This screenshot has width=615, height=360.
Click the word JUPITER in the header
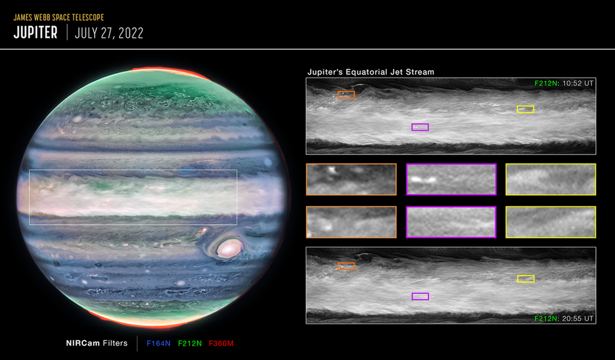coord(35,32)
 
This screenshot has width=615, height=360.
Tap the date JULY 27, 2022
coord(109,33)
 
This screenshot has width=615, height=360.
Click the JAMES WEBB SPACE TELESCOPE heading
coord(59,17)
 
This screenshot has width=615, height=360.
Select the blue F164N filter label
coord(159,344)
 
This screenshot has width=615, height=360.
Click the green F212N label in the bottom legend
coord(190,344)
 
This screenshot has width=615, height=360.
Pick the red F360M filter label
coord(221,344)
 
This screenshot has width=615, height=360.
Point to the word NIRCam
coord(83,343)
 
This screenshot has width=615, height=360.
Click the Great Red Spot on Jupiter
coord(229,248)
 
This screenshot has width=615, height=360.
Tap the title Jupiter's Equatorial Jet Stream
coord(371,72)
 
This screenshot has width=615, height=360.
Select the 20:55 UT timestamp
coord(578,319)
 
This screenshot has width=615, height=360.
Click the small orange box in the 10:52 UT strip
coord(347,95)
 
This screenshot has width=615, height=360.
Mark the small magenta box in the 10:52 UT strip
coord(420,127)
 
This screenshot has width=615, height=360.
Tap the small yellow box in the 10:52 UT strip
coord(525,109)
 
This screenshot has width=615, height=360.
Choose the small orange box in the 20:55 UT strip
coord(347,266)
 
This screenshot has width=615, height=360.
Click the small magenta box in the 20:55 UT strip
coord(420,297)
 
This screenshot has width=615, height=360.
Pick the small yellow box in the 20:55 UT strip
coord(525,279)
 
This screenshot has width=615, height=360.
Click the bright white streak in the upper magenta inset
coord(423,180)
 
